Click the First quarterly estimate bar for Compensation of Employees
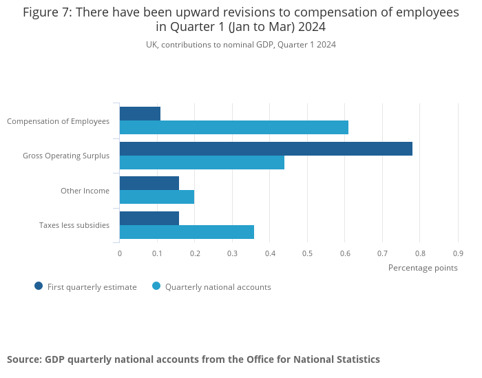point(140,114)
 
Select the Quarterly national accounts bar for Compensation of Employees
point(233,127)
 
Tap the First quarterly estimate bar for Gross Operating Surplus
point(266,149)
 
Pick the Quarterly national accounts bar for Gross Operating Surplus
point(202,162)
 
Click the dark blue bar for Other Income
point(149,183)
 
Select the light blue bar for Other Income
point(156,197)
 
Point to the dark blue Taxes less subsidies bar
point(149,218)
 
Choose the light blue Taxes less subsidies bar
point(187,232)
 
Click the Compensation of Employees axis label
point(58,121)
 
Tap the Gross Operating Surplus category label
point(66,156)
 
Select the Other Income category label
point(85,191)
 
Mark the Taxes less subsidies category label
point(74,225)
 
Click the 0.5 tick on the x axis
point(307,253)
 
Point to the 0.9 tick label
point(457,253)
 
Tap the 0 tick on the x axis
point(120,253)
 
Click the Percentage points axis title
point(423,268)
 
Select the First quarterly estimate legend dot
point(39,286)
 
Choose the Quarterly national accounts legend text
point(218,287)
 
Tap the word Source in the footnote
point(23,359)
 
